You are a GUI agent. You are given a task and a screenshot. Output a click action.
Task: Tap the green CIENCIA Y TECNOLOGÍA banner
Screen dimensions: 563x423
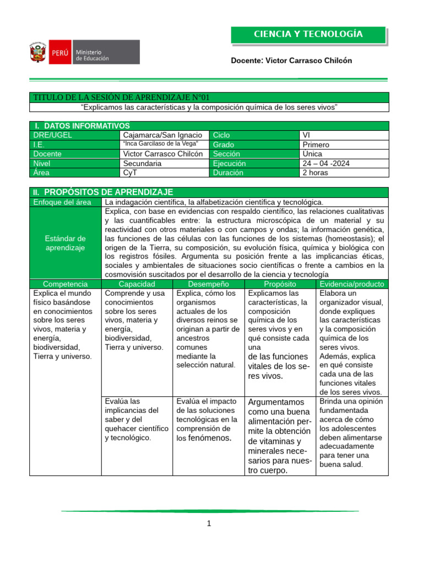(308, 35)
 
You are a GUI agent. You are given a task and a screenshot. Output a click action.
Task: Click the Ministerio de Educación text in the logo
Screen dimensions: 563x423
(92, 55)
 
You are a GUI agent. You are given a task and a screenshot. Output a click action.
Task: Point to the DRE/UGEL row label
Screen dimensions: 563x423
(52, 135)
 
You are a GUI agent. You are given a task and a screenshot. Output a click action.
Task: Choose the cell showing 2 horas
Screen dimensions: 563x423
(315, 173)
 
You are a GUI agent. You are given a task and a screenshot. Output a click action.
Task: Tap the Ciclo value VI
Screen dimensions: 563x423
(307, 135)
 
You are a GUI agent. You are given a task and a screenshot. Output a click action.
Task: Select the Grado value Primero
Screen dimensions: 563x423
(316, 145)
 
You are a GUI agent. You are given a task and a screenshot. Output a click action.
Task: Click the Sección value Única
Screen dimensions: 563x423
(312, 154)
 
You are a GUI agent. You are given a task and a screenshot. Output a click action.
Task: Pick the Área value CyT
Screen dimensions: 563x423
(131, 173)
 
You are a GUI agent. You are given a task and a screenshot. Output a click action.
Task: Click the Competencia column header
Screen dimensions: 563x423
(65, 284)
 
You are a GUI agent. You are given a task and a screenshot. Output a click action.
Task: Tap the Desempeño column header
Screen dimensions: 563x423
(208, 284)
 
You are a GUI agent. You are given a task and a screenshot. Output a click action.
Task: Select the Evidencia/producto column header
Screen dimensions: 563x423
(352, 284)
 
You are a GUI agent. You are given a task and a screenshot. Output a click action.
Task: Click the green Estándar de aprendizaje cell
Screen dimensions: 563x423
(65, 243)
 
